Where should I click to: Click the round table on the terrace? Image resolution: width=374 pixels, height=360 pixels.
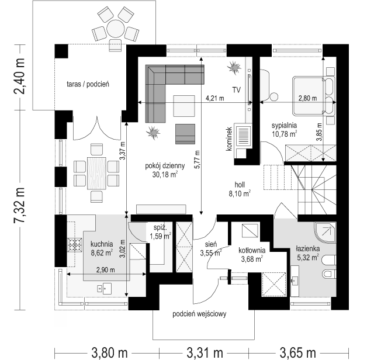click(116, 29)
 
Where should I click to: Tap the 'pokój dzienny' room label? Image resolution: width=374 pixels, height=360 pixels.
click(165, 165)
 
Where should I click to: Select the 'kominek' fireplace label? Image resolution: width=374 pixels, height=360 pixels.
click(229, 139)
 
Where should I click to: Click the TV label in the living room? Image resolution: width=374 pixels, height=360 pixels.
click(237, 90)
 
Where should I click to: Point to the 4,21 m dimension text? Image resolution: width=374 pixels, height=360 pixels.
click(215, 98)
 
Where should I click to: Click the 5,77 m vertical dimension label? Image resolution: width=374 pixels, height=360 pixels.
click(197, 160)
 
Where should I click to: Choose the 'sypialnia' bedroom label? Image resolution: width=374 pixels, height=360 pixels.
click(284, 125)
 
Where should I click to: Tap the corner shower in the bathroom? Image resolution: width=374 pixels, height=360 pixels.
click(325, 233)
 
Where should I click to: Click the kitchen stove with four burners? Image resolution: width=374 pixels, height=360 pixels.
click(75, 245)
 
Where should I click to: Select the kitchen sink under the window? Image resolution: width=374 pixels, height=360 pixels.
click(105, 289)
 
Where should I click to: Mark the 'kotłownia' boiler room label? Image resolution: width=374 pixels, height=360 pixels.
click(252, 250)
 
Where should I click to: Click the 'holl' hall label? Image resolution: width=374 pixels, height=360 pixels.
click(240, 185)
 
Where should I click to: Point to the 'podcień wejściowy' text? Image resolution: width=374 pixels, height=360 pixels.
click(199, 314)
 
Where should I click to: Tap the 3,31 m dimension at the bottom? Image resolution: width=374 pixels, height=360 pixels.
click(205, 352)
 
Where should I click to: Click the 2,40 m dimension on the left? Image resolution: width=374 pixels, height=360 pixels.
click(19, 77)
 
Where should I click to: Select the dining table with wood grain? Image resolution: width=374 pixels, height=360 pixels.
click(96, 173)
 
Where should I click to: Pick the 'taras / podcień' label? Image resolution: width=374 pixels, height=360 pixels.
click(88, 84)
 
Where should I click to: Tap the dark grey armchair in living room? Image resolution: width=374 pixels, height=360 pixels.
click(185, 134)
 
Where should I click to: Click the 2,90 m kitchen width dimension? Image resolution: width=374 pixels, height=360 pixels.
click(105, 270)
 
